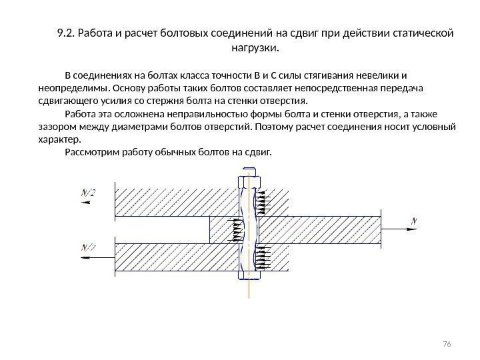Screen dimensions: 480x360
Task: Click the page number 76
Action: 447,343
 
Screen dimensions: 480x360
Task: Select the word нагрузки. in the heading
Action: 255,49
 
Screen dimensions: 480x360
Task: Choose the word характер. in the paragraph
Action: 55,139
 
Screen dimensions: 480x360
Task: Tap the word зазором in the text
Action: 49,126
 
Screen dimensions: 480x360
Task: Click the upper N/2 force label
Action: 88,193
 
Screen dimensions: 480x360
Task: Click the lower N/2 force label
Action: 88,248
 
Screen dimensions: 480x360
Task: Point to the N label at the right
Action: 414,220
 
